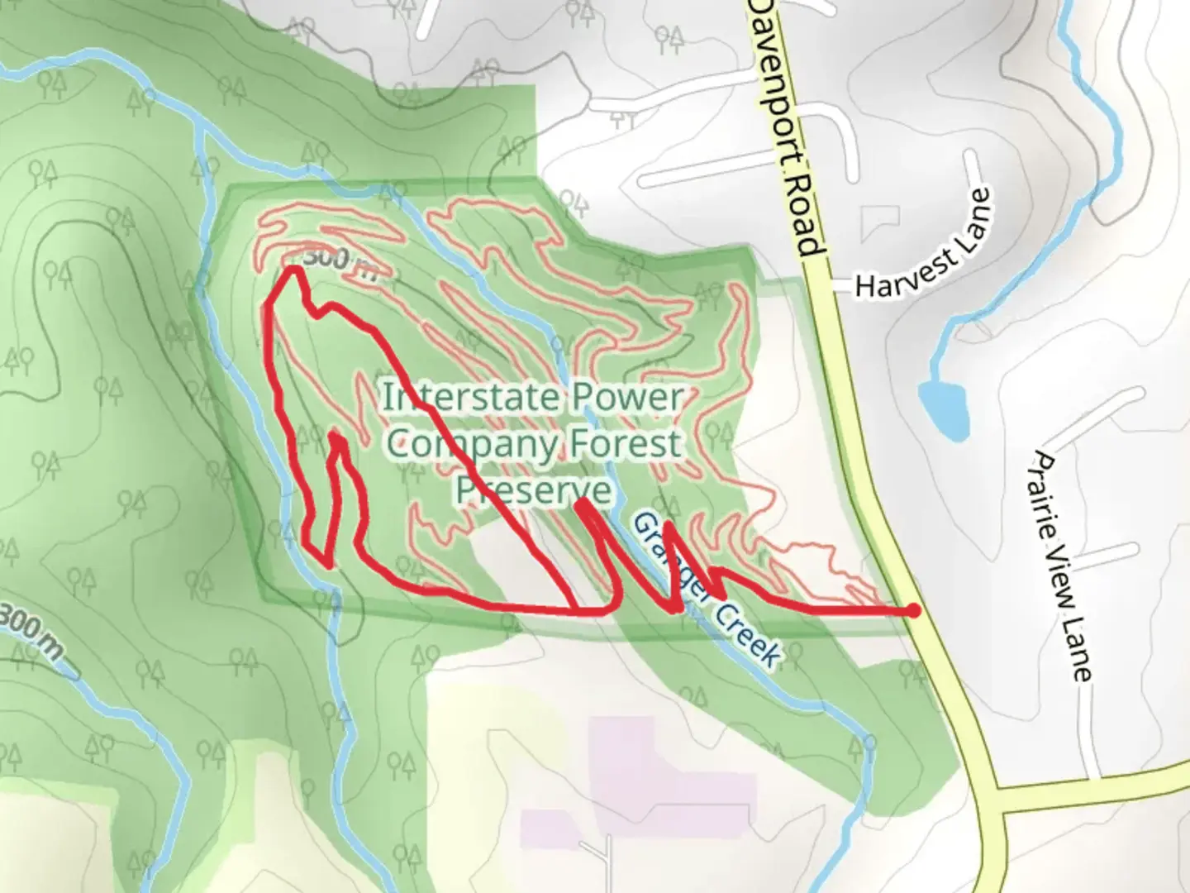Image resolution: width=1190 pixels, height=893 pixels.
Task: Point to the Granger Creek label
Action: pyautogui.click(x=707, y=590)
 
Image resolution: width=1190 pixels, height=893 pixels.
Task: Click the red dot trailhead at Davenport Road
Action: pyautogui.click(x=912, y=610)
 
